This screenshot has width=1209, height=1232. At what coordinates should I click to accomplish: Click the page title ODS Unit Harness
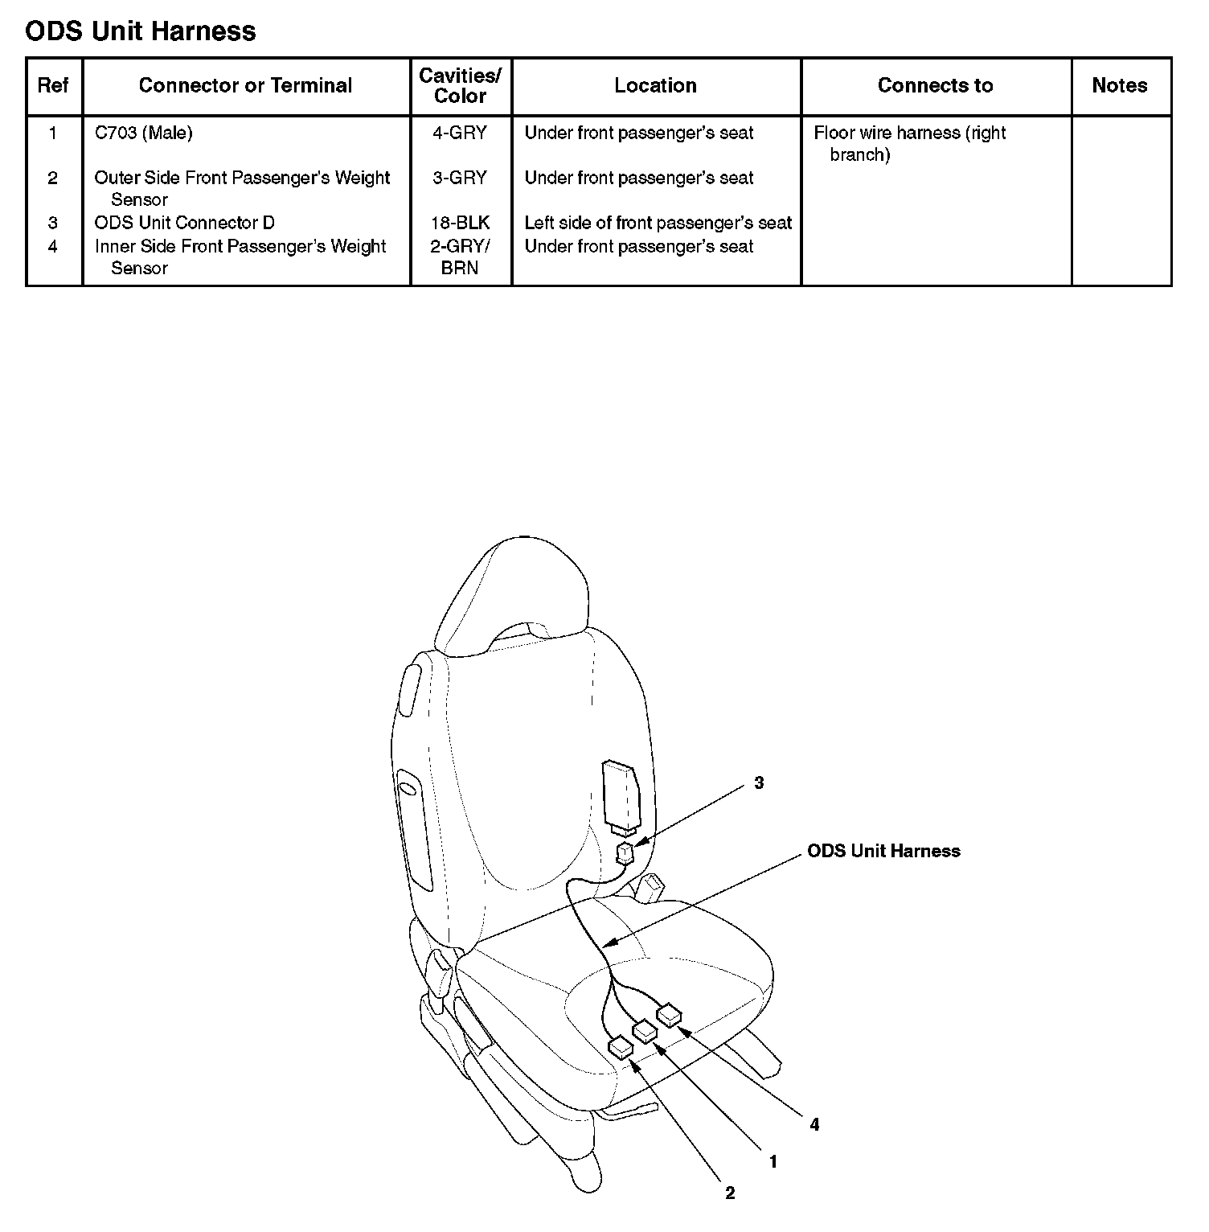(141, 31)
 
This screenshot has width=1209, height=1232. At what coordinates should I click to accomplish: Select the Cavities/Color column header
(461, 86)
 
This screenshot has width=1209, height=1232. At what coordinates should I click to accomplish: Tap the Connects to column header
(935, 86)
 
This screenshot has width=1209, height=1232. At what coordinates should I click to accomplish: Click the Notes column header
(1119, 86)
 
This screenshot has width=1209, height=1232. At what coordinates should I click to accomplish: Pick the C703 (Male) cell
(144, 133)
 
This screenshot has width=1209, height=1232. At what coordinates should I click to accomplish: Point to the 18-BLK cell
(461, 224)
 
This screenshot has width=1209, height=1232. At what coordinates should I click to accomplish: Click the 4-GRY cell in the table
(461, 133)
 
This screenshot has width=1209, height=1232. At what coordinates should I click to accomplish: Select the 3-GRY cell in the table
(461, 179)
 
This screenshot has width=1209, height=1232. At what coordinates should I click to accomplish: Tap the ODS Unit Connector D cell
(185, 224)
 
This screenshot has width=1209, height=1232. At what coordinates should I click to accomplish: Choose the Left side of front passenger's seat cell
(658, 224)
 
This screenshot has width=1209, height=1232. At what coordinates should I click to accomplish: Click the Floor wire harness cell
(909, 143)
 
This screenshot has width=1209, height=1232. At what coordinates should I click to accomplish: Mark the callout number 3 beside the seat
(759, 782)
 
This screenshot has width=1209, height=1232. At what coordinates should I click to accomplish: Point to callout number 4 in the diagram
(814, 1125)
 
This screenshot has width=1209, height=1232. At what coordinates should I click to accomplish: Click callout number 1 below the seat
(773, 1162)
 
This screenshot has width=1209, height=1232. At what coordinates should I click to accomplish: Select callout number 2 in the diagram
(730, 1193)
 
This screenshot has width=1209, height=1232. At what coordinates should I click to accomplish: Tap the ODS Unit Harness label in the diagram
(883, 852)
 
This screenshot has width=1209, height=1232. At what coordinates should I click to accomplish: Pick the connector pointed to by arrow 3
(625, 852)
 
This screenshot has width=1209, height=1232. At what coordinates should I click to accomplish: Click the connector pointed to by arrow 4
(669, 1015)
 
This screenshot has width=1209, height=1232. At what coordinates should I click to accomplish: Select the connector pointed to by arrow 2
(621, 1047)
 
